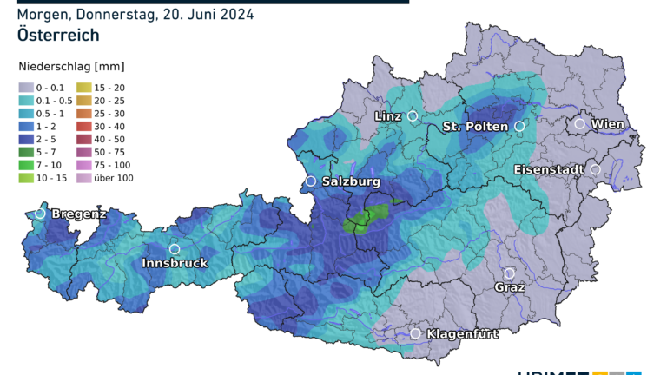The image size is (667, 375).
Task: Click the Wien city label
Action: click(x=609, y=124)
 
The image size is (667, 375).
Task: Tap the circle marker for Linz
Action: click(x=413, y=115)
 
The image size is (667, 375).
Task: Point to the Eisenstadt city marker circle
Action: click(x=596, y=169)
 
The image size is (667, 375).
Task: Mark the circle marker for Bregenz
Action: click(x=40, y=213)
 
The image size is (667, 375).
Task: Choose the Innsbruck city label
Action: click(x=175, y=263)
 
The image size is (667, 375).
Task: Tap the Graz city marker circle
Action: click(x=510, y=273)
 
